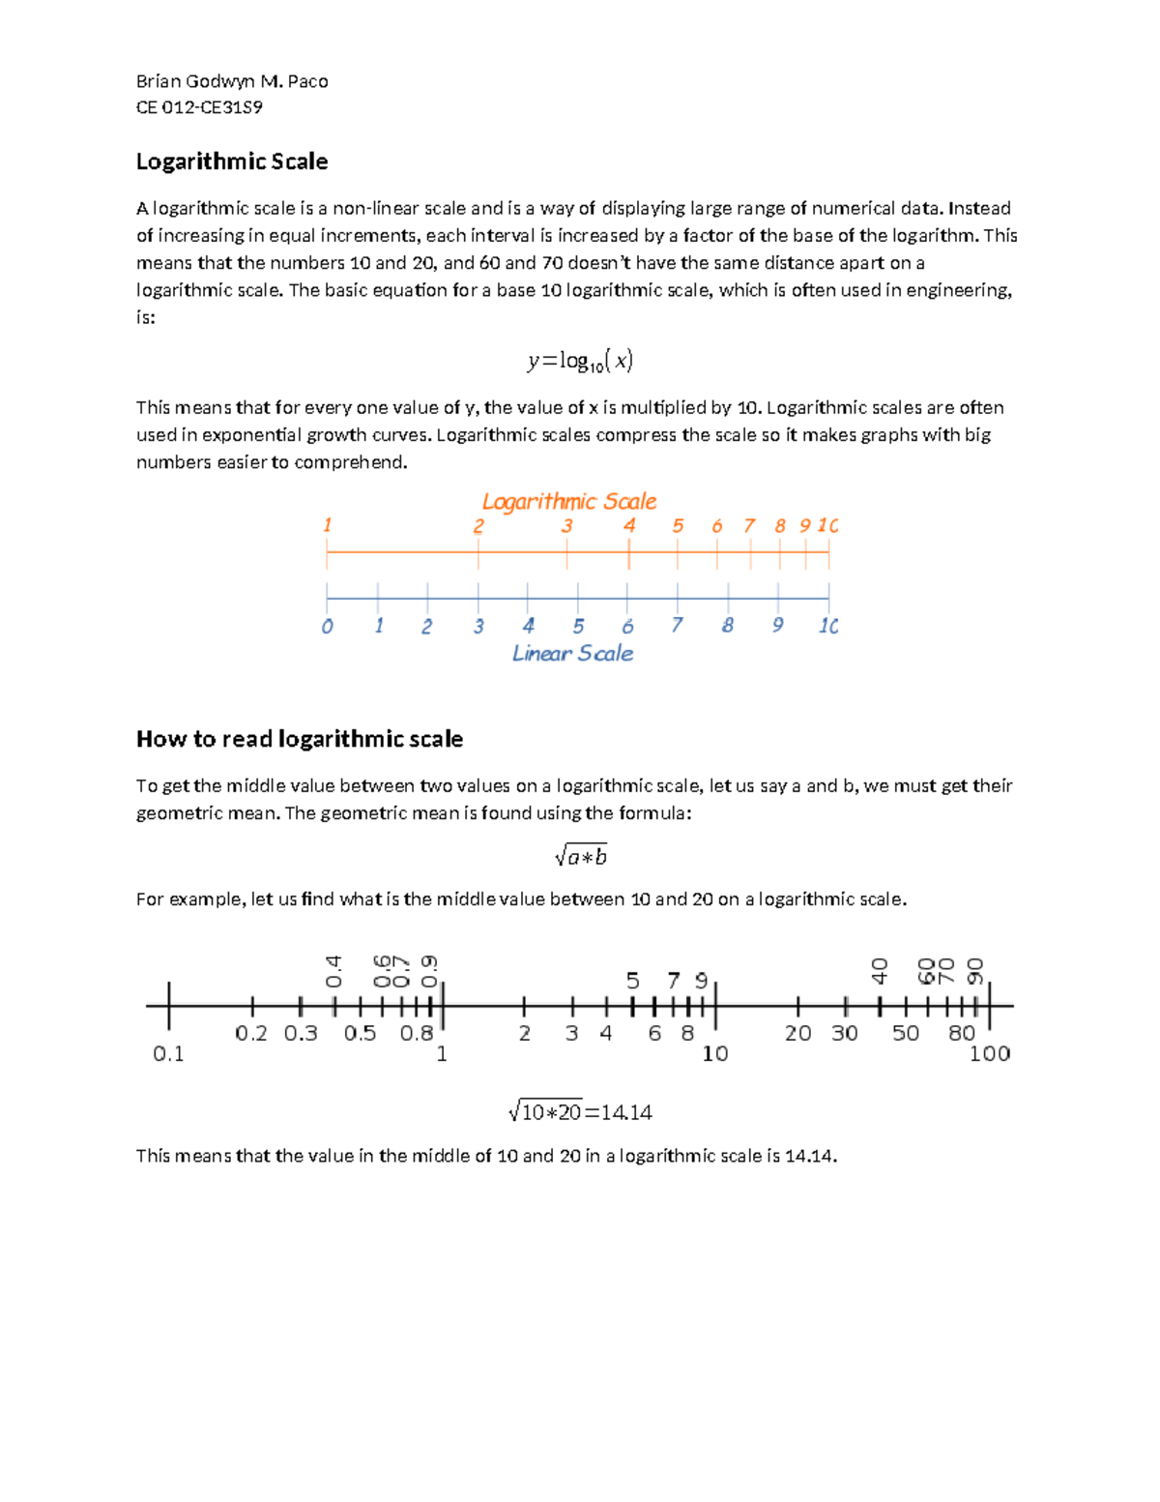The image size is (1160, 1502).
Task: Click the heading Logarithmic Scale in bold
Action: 232,162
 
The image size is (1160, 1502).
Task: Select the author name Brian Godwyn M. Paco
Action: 232,81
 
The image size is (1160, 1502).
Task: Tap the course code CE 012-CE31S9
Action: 199,107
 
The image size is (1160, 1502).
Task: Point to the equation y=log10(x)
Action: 580,361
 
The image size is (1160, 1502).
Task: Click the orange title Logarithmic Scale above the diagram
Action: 569,501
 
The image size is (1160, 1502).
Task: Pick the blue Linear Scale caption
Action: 572,654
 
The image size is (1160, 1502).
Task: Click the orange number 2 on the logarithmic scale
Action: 478,526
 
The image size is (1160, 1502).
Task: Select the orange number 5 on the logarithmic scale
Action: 678,526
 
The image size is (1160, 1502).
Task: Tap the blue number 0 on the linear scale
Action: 328,627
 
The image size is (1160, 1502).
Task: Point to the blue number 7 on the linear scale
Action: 677,626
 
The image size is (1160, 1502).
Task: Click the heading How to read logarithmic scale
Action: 300,739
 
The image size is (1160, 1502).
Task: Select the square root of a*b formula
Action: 581,856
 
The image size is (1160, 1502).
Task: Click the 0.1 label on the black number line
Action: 168,1054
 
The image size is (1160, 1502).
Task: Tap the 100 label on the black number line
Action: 989,1054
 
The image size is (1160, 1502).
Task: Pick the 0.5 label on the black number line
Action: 360,1033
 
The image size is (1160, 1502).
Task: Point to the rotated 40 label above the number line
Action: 879,971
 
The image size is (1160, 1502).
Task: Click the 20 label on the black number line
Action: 797,1033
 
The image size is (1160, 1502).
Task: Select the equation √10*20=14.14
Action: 580,1112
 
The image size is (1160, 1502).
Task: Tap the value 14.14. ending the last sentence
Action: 810,1156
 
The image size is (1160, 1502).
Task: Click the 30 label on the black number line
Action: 844,1033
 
